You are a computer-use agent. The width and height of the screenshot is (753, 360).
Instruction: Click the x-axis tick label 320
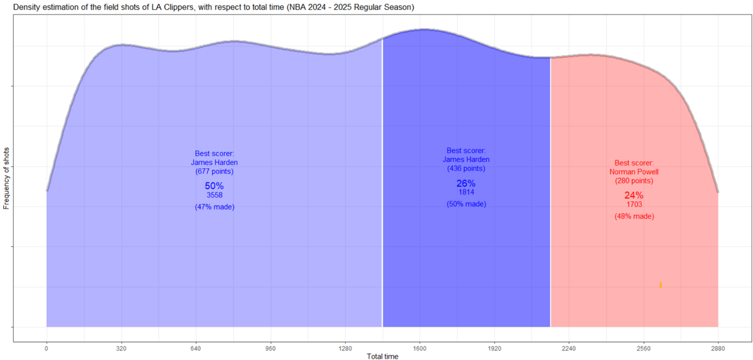pos(121,347)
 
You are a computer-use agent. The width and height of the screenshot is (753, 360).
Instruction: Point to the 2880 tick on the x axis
pos(718,347)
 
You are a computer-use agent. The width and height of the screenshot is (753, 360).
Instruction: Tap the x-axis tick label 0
pos(46,347)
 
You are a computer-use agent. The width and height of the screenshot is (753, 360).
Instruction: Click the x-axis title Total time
pos(382,356)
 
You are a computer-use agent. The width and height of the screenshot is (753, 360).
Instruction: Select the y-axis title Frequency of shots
pos(6,179)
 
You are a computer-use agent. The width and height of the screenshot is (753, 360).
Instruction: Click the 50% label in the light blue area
pos(214,186)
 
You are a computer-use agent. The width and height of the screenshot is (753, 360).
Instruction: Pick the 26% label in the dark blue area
pos(466,184)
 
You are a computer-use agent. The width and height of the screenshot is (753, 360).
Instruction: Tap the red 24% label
pos(634,196)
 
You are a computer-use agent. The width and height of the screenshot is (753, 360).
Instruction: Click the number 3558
pos(215,195)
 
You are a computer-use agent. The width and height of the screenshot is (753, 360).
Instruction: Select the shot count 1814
pos(466,193)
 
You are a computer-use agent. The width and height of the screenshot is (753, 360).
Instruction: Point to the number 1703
pos(634,204)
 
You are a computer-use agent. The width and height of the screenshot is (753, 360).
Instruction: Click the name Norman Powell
pos(634,171)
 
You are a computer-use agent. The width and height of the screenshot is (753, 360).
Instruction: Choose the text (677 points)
pos(215,172)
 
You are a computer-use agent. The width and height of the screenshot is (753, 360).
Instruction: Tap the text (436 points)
pos(466,169)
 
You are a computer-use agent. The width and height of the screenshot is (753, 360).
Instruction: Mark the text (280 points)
pos(634,181)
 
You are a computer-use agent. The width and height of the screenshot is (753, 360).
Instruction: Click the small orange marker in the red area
pos(661,285)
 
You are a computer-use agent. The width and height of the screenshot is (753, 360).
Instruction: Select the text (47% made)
pos(215,207)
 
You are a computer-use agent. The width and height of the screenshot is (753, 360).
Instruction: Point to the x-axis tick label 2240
pos(569,347)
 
